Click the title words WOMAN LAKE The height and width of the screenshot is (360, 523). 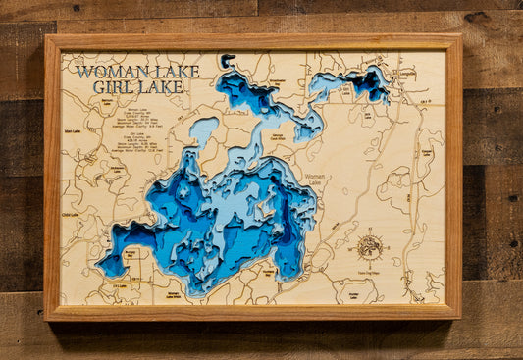137,72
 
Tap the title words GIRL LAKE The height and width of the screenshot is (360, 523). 136,86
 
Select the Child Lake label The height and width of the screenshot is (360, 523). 70,214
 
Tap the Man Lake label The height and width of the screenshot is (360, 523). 72,130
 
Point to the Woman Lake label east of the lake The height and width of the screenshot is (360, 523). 315,178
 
